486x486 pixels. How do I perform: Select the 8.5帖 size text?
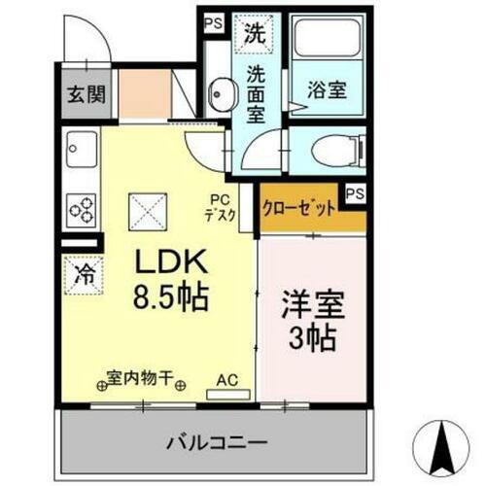173,296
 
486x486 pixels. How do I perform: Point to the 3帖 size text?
309,338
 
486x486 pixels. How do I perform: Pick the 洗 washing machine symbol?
255,33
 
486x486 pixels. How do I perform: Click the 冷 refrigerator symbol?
84,273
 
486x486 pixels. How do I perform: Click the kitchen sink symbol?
79,153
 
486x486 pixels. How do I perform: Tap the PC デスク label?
222,209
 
